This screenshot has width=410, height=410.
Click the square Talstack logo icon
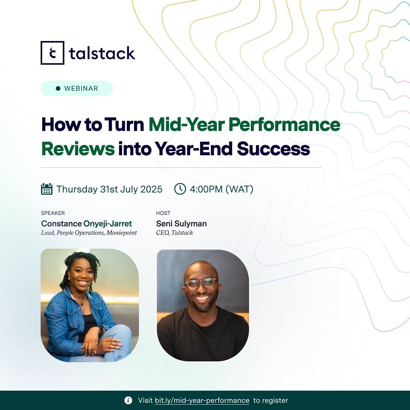tap(52, 53)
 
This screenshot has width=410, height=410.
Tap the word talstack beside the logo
tap(102, 53)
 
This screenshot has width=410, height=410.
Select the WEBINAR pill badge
tap(77, 88)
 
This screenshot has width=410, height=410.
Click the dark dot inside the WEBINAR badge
tap(58, 88)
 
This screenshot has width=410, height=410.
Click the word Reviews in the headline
tap(78, 149)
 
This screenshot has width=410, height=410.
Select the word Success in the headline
tap(273, 149)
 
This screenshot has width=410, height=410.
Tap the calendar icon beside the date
tap(47, 189)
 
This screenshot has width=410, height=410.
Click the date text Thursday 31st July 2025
tap(109, 189)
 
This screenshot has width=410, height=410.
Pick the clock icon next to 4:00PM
tap(180, 189)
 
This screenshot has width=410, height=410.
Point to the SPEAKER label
tap(53, 213)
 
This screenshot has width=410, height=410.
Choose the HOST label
tap(163, 213)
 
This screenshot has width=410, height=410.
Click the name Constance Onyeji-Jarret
tap(87, 224)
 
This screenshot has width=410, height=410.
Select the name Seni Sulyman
tap(181, 224)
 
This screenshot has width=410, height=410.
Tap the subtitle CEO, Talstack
tap(174, 233)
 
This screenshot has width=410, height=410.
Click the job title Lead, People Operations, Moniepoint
tap(89, 233)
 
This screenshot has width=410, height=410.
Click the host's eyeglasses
tap(200, 283)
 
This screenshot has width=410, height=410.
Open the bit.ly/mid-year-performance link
tap(202, 401)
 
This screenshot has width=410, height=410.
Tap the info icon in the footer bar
tap(128, 401)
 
